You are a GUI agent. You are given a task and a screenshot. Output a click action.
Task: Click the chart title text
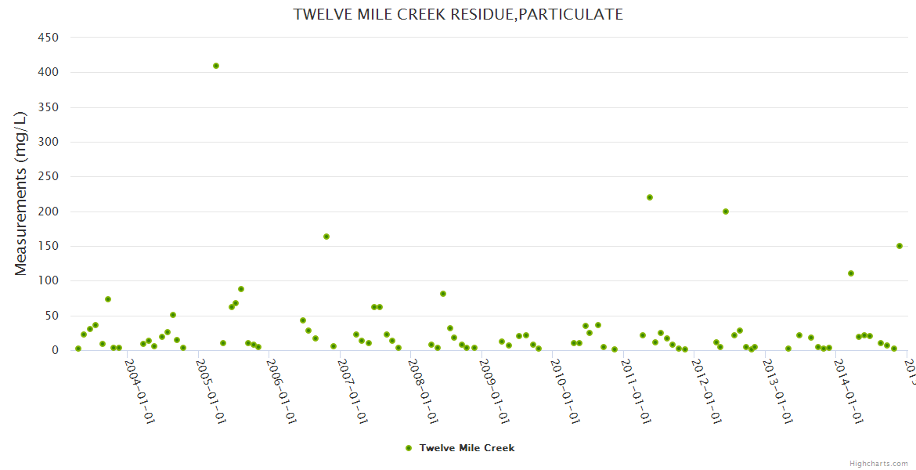(458, 14)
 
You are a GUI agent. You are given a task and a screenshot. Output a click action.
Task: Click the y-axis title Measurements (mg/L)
(21, 193)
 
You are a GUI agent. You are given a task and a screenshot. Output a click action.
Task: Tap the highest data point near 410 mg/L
(216, 66)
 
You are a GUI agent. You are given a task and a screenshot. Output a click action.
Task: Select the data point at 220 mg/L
(650, 197)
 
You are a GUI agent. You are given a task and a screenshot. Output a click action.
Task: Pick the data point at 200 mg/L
(726, 211)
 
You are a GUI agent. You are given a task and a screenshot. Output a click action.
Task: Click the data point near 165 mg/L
(326, 237)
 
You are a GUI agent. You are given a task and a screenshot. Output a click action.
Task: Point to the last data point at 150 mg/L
(900, 246)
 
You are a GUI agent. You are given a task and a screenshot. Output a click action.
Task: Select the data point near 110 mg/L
(851, 273)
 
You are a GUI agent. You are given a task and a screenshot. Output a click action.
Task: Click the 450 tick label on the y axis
(49, 38)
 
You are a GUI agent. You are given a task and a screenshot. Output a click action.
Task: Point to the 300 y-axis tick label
(49, 142)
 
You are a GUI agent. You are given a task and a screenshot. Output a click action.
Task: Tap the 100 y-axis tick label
(49, 280)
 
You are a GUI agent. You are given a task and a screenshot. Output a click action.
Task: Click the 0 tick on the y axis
(55, 350)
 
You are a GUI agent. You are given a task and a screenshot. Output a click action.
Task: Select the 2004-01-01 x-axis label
(140, 391)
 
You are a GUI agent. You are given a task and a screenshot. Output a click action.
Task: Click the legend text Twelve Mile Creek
(467, 448)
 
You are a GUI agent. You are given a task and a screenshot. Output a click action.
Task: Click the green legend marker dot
(408, 448)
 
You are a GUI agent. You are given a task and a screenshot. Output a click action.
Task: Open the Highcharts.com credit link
(878, 463)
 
